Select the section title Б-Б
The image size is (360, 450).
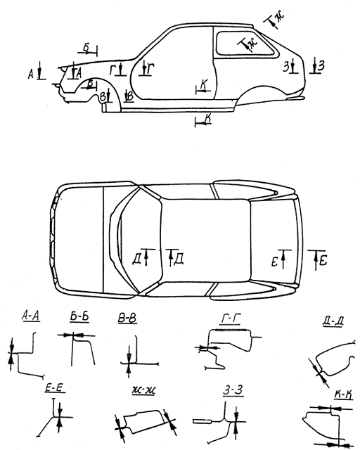(x=79, y=316)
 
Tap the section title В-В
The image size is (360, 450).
(x=127, y=319)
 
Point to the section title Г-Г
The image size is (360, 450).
(x=231, y=319)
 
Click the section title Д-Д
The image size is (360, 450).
(x=333, y=321)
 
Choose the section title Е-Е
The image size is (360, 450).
(x=55, y=388)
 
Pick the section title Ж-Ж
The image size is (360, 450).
(x=144, y=391)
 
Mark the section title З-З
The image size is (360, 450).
(x=233, y=391)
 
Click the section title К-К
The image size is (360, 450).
(x=343, y=395)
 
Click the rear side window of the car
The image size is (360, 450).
(x=247, y=44)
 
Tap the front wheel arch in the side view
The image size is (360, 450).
(x=98, y=86)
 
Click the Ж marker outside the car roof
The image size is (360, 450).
(x=275, y=19)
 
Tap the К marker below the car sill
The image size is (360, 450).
(x=203, y=120)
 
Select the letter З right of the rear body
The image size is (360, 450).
(x=321, y=65)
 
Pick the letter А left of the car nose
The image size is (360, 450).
(x=30, y=75)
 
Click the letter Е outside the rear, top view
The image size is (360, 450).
(x=323, y=261)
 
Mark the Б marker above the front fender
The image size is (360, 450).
(x=86, y=48)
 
